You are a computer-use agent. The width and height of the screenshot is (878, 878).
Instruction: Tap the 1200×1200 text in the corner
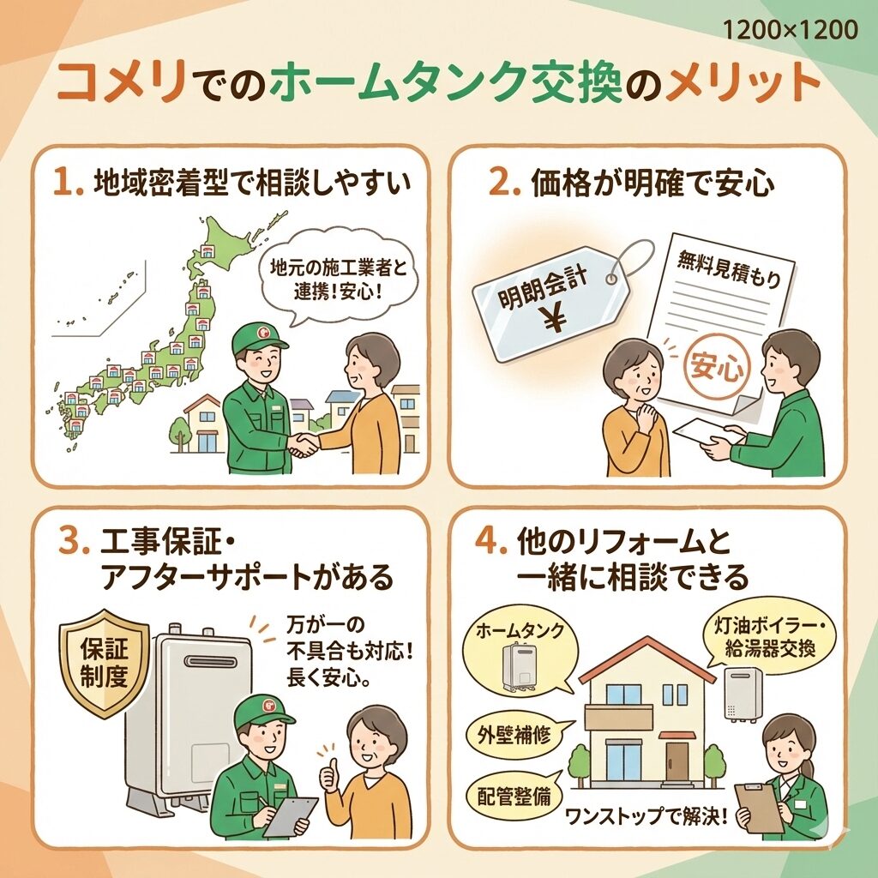click(x=790, y=29)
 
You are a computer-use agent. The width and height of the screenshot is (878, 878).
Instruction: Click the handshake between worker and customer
click(x=303, y=445)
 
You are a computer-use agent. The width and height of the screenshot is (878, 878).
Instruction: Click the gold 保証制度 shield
click(x=104, y=665)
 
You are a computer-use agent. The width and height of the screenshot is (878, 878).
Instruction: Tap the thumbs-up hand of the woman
click(x=329, y=776)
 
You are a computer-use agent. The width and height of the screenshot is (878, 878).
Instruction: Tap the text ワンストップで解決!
click(x=646, y=816)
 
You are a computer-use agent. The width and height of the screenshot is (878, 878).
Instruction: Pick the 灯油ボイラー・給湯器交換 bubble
click(x=769, y=636)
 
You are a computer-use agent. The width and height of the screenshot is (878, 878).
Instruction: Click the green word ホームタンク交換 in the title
click(x=446, y=83)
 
